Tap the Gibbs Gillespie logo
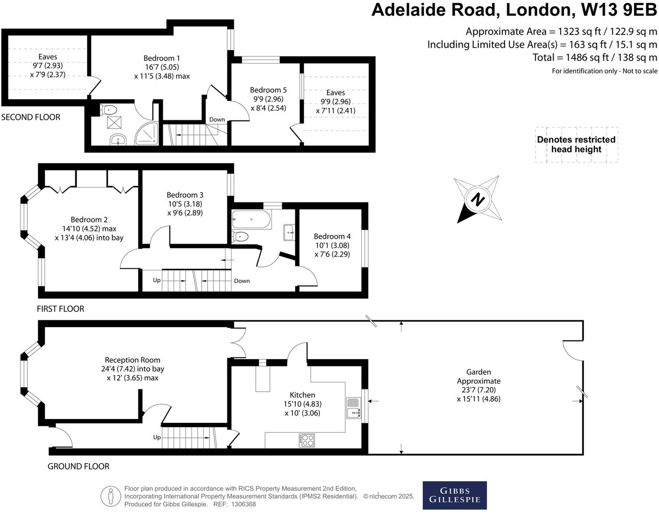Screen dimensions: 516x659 coord(454,495)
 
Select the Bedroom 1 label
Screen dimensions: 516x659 coord(162,58)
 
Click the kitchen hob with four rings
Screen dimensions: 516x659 coord(307,440)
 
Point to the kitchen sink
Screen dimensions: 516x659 coord(353,408)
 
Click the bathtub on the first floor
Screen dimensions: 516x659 coord(251,220)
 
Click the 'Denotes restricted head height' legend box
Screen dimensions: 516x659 coord(576,145)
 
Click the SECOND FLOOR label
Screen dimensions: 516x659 coord(31,117)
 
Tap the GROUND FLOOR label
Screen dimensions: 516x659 coord(78,466)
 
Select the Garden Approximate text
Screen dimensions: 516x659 coord(478,377)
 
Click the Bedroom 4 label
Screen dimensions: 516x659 coord(332,236)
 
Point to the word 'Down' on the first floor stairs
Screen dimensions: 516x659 coord(242,281)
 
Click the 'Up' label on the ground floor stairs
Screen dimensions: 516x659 coord(157,437)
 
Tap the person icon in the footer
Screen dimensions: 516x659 coord(111,496)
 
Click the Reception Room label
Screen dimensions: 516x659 coord(132,360)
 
